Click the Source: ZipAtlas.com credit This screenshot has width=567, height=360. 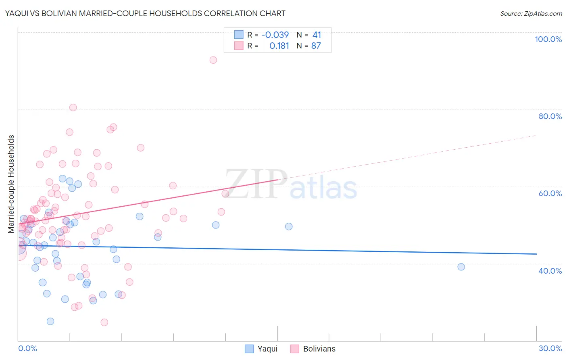[x=531, y=13]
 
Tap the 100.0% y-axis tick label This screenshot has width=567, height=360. [x=548, y=39]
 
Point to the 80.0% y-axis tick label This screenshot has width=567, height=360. [x=550, y=116]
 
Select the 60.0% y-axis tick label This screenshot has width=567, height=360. [x=550, y=193]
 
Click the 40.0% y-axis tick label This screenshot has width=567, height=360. [x=550, y=270]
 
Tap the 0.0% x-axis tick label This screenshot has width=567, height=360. [x=27, y=348]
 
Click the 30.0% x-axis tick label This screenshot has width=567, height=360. [x=550, y=348]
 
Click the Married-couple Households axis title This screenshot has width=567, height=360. [x=11, y=184]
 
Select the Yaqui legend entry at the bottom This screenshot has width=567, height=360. [x=261, y=349]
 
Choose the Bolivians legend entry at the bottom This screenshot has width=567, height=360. [x=313, y=349]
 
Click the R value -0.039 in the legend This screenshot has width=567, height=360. [x=275, y=35]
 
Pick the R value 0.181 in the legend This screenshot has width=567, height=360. [x=279, y=46]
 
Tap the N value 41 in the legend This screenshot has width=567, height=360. [x=317, y=35]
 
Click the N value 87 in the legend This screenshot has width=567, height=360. [x=316, y=46]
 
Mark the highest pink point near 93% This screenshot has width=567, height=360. [x=213, y=60]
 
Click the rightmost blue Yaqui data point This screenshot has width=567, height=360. [x=461, y=267]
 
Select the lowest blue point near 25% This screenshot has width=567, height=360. [x=50, y=321]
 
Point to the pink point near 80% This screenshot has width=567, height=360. [x=73, y=107]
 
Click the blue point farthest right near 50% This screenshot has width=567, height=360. [x=289, y=226]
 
